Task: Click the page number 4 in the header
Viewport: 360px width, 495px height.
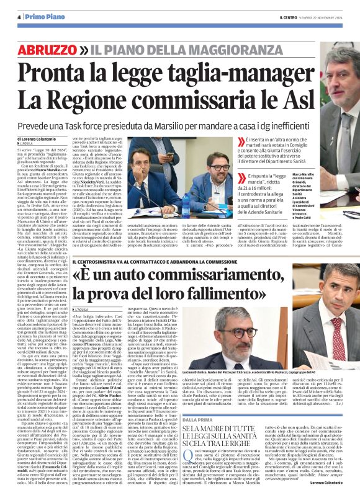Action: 19,17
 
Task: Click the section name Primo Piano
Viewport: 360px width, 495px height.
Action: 43,17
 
